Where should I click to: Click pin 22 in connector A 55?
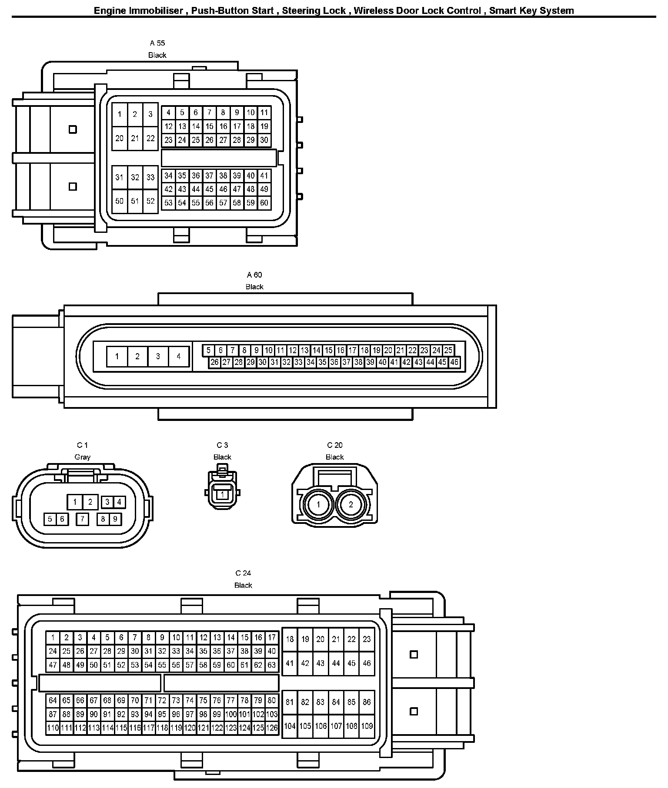click(150, 139)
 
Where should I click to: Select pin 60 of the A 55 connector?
click(264, 203)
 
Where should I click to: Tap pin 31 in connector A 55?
click(119, 177)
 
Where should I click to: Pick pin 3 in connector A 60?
click(158, 357)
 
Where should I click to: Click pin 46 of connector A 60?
click(454, 362)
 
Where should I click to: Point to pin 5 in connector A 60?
click(208, 350)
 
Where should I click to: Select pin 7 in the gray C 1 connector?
click(82, 519)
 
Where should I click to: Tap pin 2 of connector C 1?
click(90, 503)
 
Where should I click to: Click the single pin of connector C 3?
click(222, 494)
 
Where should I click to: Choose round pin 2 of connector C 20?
click(351, 505)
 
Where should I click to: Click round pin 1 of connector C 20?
click(318, 505)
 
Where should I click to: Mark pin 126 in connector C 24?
click(272, 728)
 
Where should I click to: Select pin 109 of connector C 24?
click(367, 726)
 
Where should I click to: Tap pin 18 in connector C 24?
click(290, 639)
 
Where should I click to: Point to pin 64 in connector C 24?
click(53, 700)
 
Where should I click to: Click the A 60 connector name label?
click(254, 275)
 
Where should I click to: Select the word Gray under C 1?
click(83, 457)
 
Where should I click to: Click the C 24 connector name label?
click(243, 573)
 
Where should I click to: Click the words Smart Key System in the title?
click(531, 10)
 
